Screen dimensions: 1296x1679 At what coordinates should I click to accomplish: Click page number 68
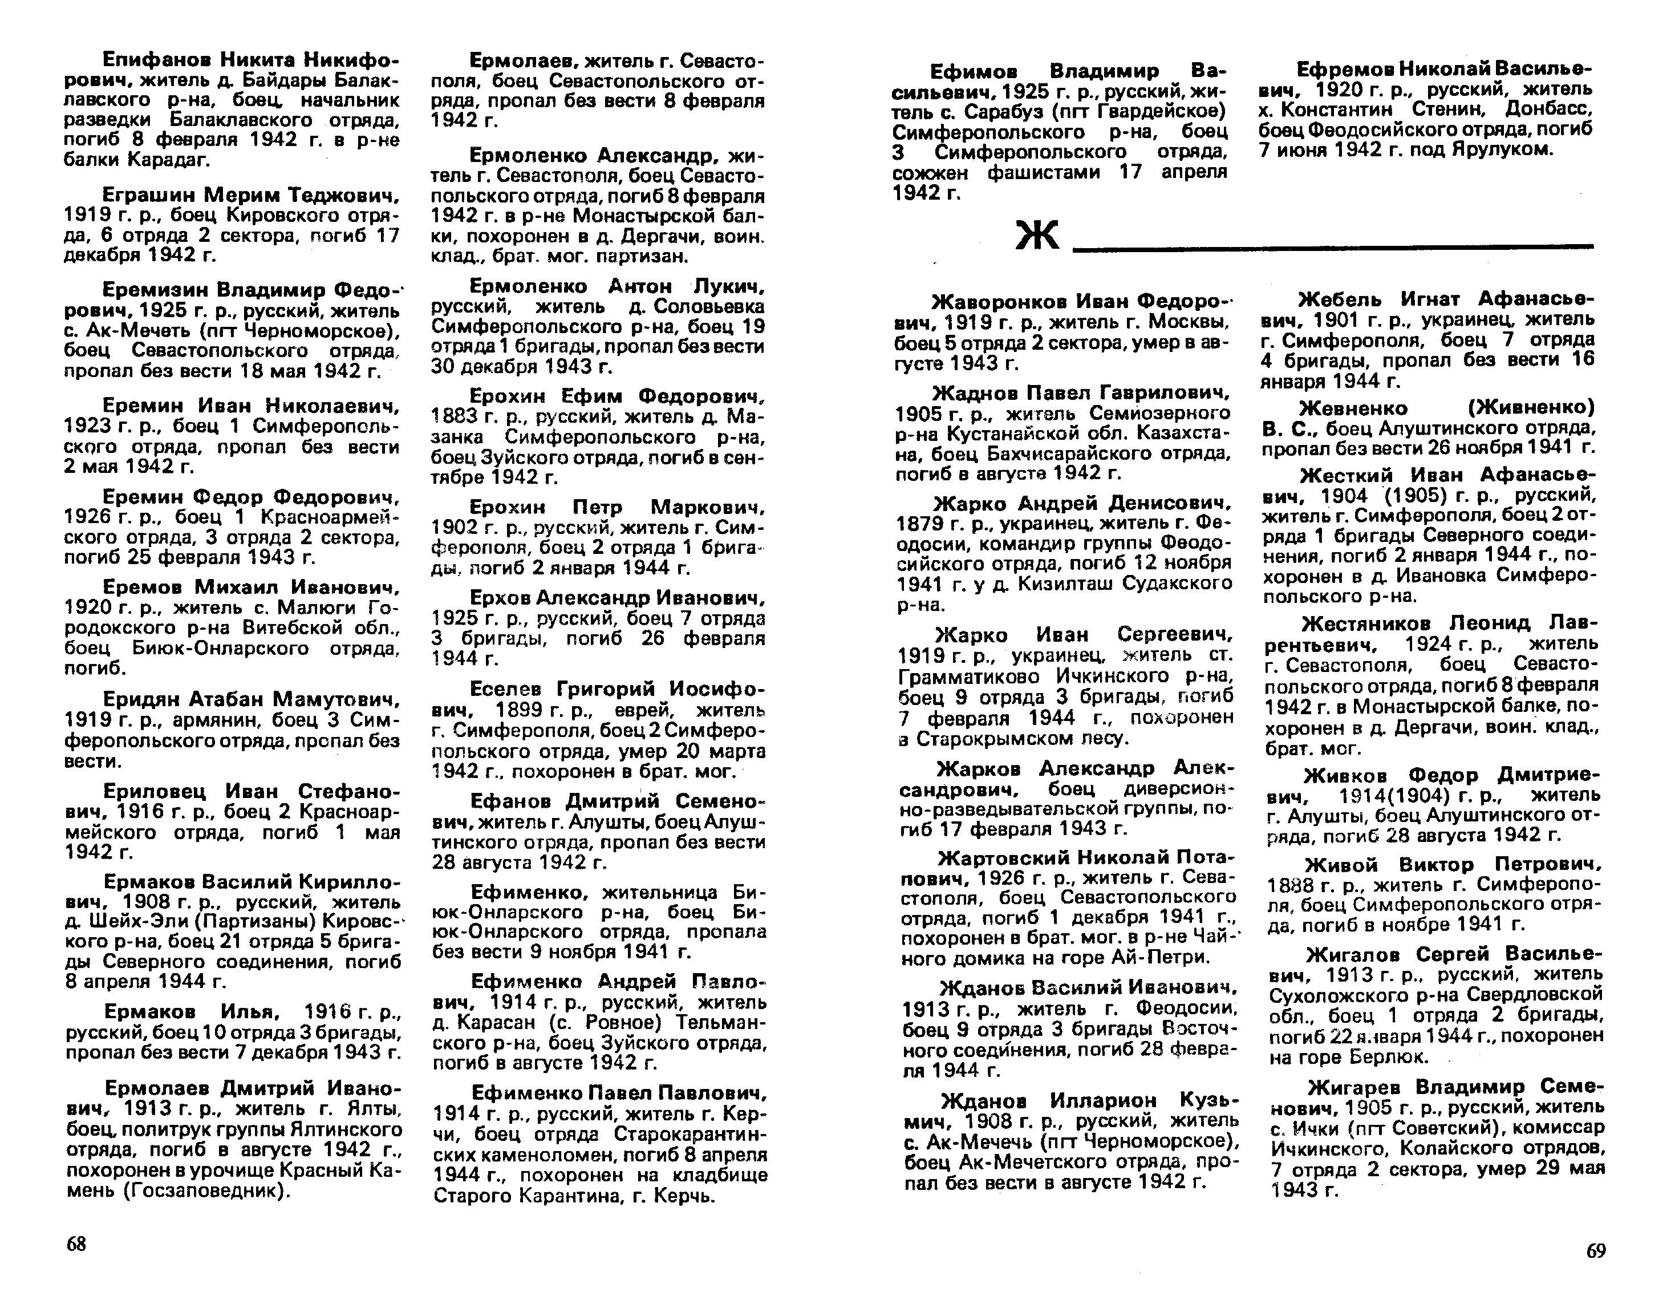tap(76, 1244)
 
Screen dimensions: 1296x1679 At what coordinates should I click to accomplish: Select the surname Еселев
tap(508, 688)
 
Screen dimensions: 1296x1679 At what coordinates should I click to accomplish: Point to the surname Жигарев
tap(1357, 1087)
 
